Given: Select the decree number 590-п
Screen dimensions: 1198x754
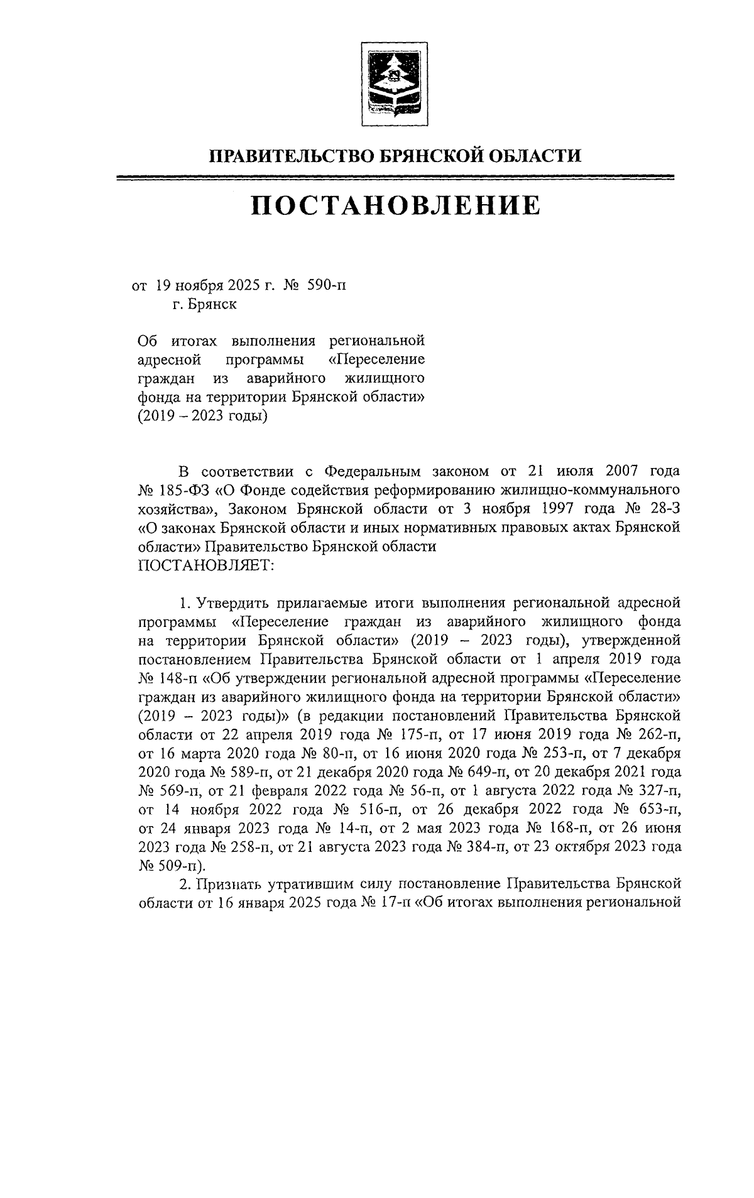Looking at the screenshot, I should pyautogui.click(x=326, y=286).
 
